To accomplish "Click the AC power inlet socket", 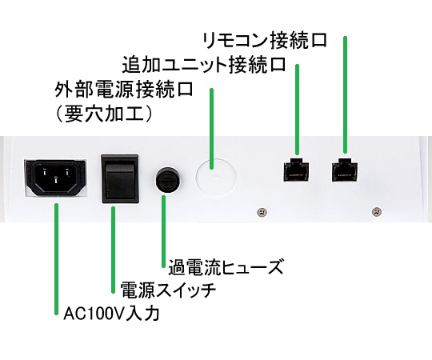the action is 56,178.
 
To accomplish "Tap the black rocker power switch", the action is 120,178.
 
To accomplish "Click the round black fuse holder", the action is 167,179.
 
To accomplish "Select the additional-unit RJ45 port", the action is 296,170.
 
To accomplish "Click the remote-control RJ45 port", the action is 345,170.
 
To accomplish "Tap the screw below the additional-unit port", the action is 262,212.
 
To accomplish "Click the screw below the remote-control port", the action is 377,211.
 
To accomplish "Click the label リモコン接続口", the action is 265,41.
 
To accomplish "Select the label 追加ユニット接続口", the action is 204,65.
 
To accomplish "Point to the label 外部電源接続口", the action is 124,89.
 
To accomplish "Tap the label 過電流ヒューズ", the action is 226,266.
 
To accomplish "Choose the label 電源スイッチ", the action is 168,290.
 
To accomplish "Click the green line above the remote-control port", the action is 345,94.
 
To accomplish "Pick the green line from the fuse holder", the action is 164,231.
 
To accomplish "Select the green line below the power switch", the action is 114,250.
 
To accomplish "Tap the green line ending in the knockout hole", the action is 211,129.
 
